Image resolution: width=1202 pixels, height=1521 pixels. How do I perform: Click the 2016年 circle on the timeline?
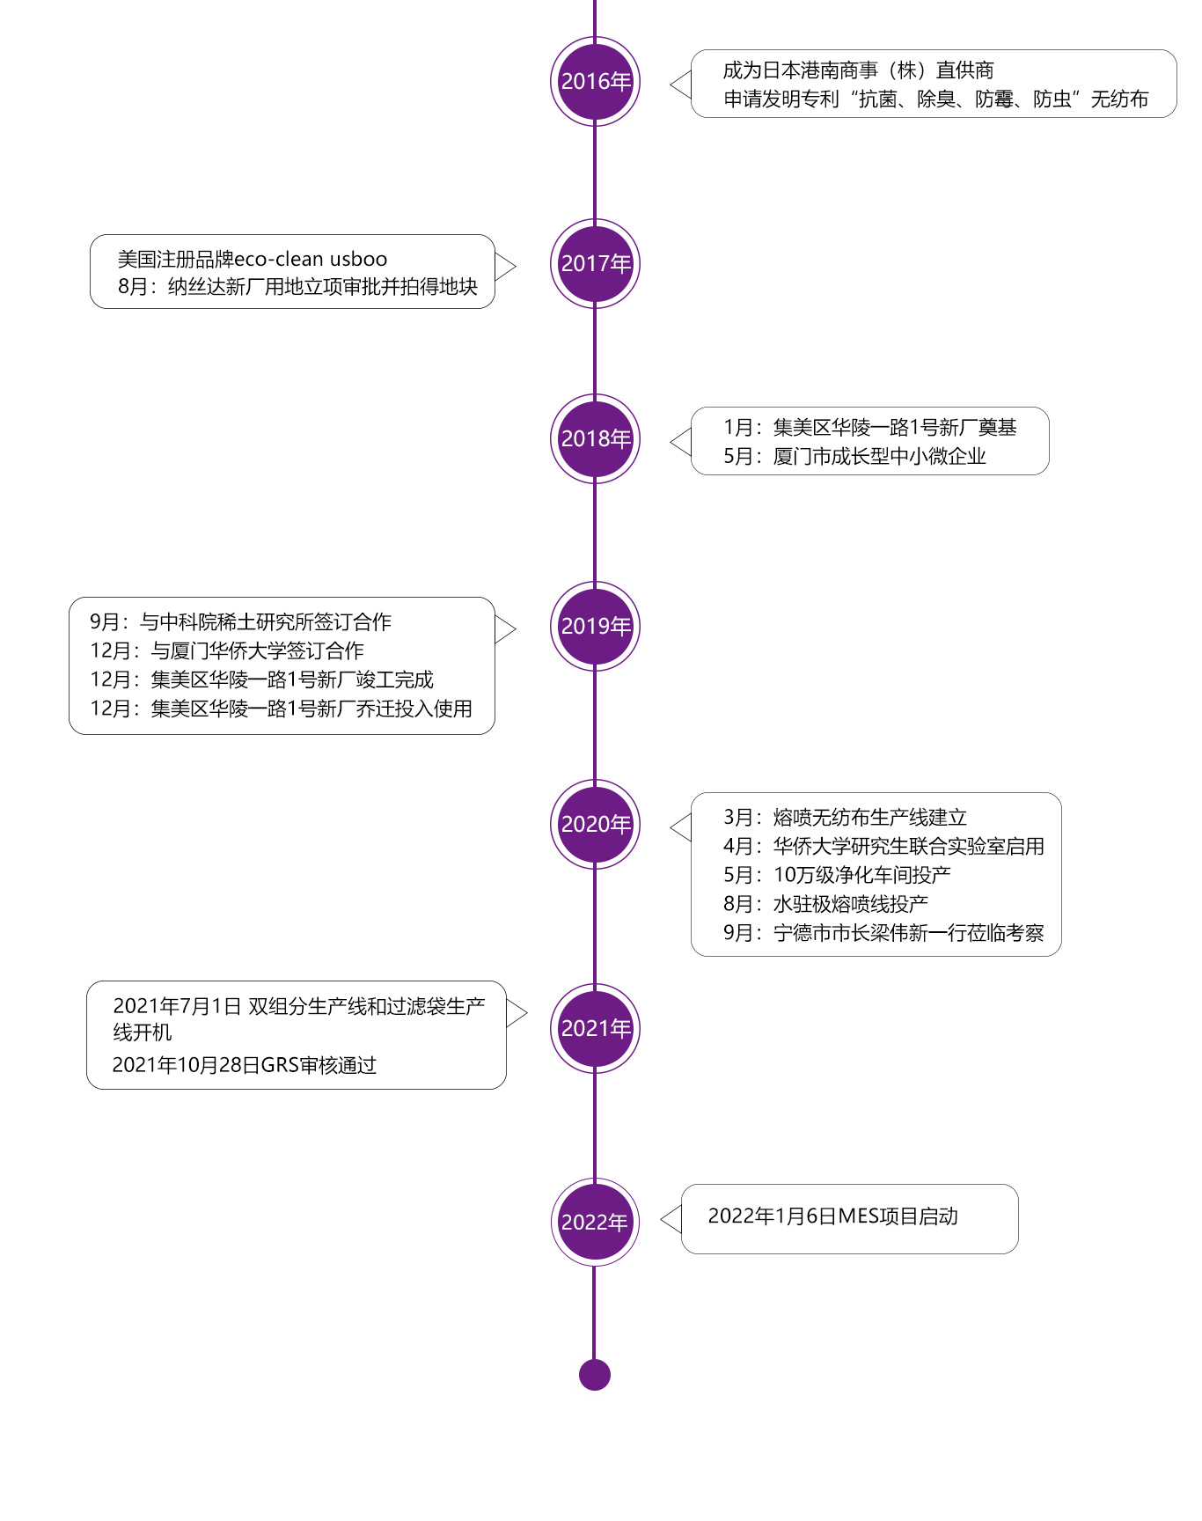click(595, 81)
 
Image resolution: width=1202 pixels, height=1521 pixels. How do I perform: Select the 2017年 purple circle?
click(595, 263)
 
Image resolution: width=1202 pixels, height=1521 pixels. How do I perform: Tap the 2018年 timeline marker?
click(595, 438)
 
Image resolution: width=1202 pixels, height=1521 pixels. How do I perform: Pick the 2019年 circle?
click(595, 626)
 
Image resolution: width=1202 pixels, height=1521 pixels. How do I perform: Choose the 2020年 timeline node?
click(595, 824)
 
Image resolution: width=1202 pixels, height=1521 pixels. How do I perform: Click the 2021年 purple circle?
click(595, 1028)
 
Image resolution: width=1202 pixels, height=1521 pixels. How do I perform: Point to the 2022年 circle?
click(595, 1222)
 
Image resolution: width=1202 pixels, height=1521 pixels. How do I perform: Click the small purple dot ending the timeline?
click(595, 1375)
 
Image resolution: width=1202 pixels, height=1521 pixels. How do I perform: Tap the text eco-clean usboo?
click(311, 260)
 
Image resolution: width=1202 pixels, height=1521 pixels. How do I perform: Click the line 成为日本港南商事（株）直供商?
click(858, 70)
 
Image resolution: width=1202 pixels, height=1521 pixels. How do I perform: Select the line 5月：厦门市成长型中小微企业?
click(854, 456)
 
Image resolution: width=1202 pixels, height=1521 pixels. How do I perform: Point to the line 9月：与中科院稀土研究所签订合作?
click(240, 622)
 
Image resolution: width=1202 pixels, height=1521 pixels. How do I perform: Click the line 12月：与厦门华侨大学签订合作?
click(227, 651)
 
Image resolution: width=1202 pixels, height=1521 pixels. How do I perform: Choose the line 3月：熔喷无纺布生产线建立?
click(845, 818)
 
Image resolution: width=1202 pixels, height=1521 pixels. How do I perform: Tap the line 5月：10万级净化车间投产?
click(837, 875)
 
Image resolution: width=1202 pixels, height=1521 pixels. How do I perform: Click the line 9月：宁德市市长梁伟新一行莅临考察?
click(883, 933)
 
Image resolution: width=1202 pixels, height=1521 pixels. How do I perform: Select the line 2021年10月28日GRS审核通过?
click(245, 1065)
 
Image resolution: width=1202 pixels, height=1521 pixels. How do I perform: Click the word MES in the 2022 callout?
click(858, 1216)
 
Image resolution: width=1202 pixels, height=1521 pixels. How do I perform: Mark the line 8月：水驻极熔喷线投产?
click(825, 904)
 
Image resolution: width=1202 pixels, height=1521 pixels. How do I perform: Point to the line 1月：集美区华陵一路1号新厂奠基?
click(869, 428)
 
